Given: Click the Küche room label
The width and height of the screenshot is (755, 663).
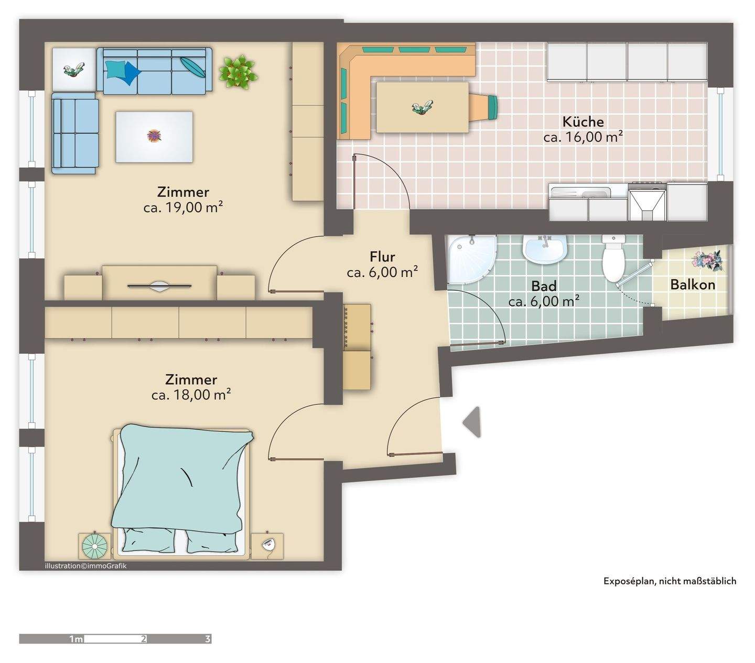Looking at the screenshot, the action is (x=583, y=122).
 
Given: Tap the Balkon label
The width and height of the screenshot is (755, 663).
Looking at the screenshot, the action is (x=693, y=285).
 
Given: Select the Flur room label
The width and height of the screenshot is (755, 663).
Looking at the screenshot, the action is (x=382, y=257).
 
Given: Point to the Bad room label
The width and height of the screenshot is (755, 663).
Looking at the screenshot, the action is (x=544, y=286).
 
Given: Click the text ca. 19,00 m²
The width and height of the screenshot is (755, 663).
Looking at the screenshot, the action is (x=183, y=208).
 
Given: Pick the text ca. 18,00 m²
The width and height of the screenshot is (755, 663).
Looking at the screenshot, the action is (x=191, y=395).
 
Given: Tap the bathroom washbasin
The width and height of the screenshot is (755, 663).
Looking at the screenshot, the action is (x=545, y=251).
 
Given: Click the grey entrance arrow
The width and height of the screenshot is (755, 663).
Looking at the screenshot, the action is (x=472, y=422).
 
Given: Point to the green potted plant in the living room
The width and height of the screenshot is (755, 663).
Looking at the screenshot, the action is (x=238, y=71).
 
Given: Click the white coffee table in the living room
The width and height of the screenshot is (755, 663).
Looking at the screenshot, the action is (x=154, y=137).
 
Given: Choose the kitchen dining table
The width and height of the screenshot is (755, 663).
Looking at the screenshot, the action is (x=422, y=107).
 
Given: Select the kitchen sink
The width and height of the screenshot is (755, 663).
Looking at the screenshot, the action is (x=589, y=193).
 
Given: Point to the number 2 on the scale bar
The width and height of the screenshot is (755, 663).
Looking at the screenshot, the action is (x=143, y=639).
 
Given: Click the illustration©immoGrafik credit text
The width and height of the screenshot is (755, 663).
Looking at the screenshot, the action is (x=85, y=566).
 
